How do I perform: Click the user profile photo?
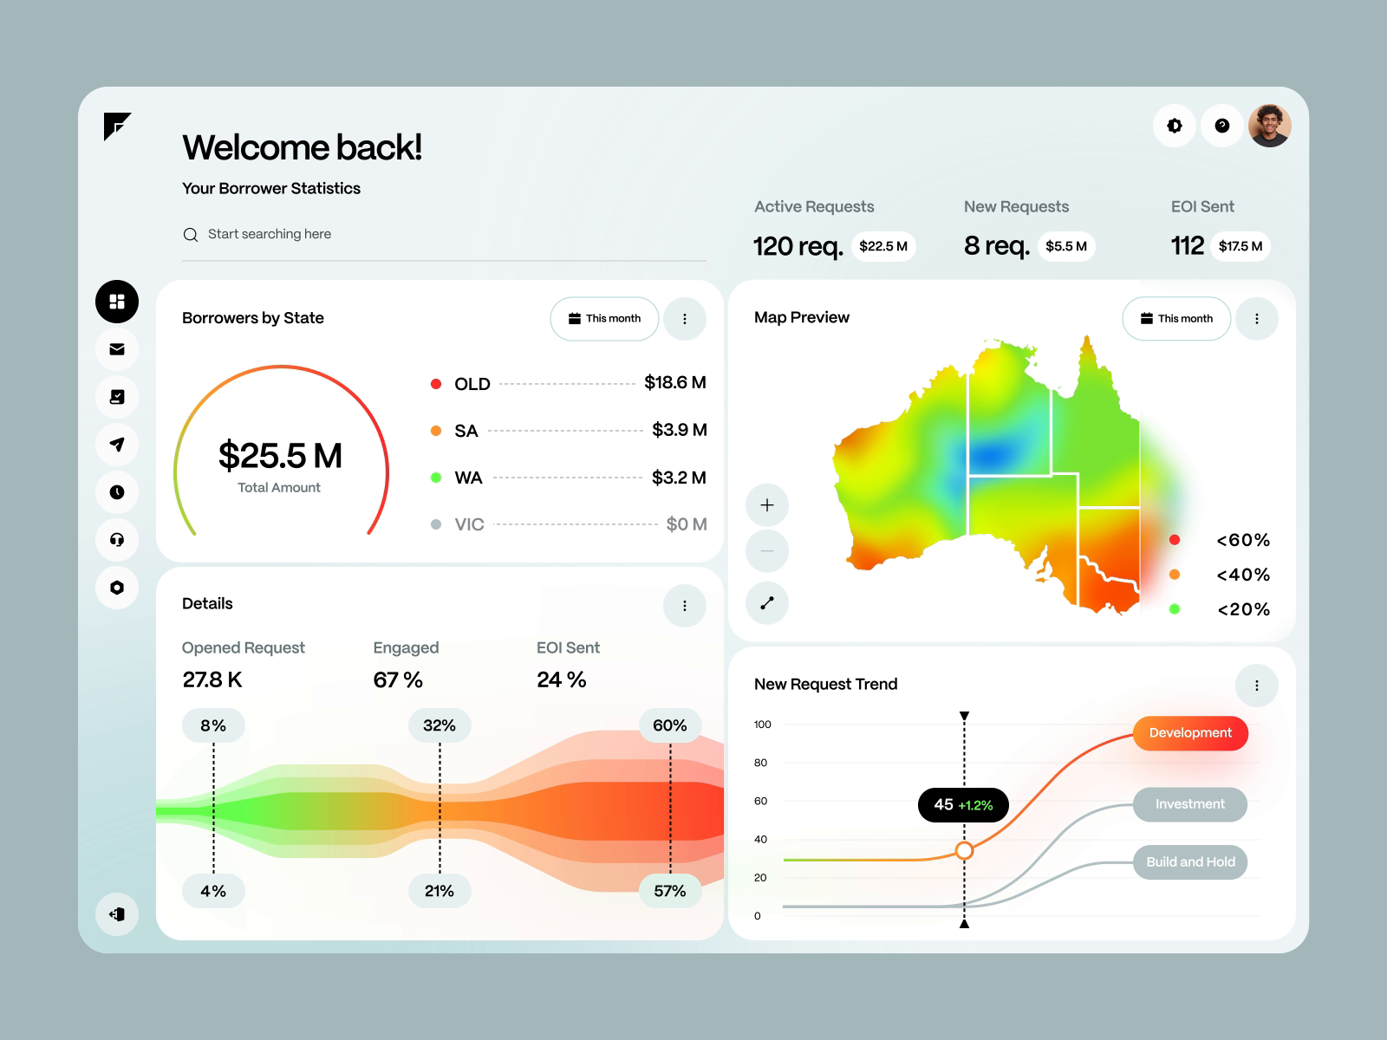pyautogui.click(x=1269, y=126)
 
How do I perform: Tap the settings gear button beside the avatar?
pyautogui.click(x=1175, y=126)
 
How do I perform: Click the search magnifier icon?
pyautogui.click(x=191, y=235)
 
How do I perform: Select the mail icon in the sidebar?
pyautogui.click(x=117, y=349)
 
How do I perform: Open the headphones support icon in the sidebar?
pyautogui.click(x=117, y=540)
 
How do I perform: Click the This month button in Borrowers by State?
pyautogui.click(x=604, y=319)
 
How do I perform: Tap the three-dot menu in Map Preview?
pyautogui.click(x=1256, y=319)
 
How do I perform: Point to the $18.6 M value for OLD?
pyautogui.click(x=674, y=382)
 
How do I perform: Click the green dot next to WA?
pyautogui.click(x=436, y=478)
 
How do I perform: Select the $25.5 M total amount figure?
pyautogui.click(x=280, y=456)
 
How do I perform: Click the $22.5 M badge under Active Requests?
pyautogui.click(x=882, y=246)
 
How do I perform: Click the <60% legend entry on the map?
pyautogui.click(x=1242, y=540)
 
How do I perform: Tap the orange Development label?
pyautogui.click(x=1190, y=733)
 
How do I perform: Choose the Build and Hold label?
pyautogui.click(x=1190, y=862)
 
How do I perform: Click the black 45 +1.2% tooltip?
pyautogui.click(x=963, y=805)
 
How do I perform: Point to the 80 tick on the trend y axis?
pyautogui.click(x=760, y=763)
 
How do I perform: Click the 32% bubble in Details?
pyautogui.click(x=440, y=725)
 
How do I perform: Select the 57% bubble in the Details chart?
pyautogui.click(x=669, y=891)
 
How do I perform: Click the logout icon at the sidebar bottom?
pyautogui.click(x=117, y=914)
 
